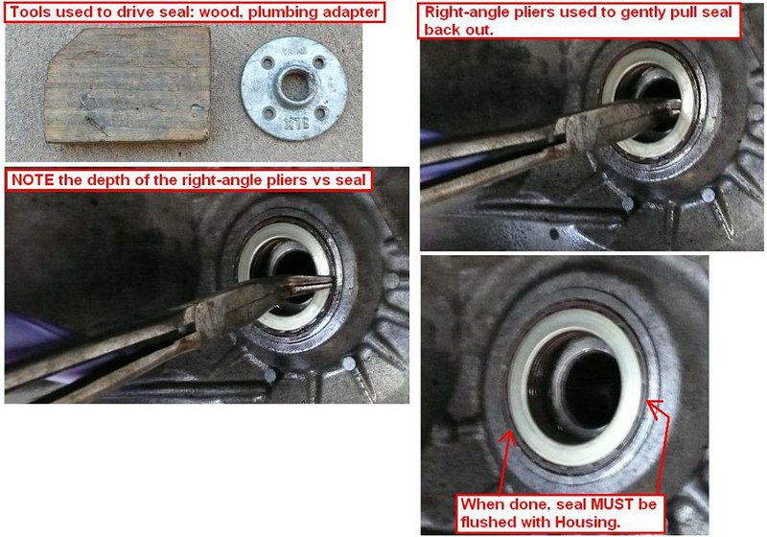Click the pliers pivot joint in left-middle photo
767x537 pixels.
click(x=206, y=315)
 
